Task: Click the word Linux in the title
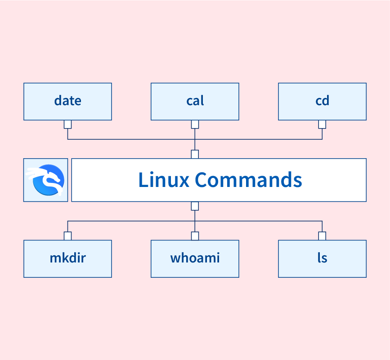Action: (x=163, y=180)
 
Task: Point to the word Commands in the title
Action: (x=248, y=180)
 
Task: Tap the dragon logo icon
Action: (x=45, y=180)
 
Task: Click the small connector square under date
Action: (x=67, y=124)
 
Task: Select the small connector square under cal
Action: (x=195, y=124)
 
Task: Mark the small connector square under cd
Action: (x=322, y=124)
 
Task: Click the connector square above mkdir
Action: (x=67, y=236)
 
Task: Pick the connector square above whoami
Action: (x=195, y=236)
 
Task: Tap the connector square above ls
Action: (x=322, y=236)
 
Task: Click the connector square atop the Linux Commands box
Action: (x=195, y=154)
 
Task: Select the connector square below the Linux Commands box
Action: (x=195, y=206)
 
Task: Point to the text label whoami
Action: (x=195, y=258)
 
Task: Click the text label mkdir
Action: (x=67, y=258)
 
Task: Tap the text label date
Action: (x=67, y=100)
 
